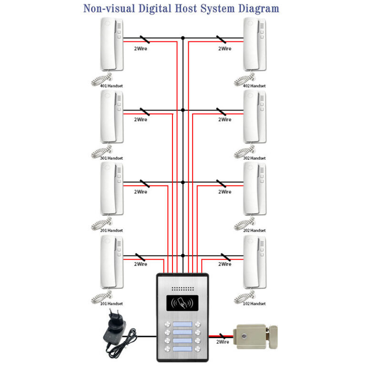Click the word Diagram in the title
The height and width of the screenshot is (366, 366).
click(259, 9)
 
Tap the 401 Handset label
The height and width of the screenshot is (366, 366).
click(112, 86)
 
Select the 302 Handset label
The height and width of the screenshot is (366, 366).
click(254, 158)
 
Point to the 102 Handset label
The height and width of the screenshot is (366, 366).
click(254, 304)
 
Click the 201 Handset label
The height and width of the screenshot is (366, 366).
click(112, 230)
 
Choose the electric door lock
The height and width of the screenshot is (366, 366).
click(255, 337)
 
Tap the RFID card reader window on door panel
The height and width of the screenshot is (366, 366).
click(183, 303)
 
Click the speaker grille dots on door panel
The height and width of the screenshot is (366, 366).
click(183, 289)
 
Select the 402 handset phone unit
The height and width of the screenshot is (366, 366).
click(254, 44)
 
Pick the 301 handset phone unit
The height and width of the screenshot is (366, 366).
click(112, 116)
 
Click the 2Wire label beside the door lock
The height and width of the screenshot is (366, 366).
click(223, 342)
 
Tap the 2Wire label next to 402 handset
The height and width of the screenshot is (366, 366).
click(225, 49)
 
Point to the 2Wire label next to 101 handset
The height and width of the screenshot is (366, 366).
click(141, 264)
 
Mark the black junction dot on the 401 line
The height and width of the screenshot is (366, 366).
click(183, 38)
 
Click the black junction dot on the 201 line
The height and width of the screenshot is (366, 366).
click(183, 183)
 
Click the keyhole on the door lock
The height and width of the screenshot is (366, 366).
click(244, 336)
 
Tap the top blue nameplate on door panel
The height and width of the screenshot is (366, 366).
click(183, 324)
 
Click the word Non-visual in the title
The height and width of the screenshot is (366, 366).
click(109, 9)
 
